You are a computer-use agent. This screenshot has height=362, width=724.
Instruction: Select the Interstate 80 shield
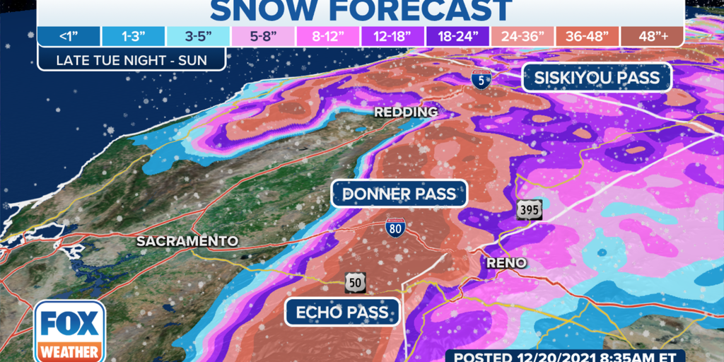pyautogui.click(x=395, y=229)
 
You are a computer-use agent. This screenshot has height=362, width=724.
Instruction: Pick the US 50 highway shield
pyautogui.click(x=356, y=282)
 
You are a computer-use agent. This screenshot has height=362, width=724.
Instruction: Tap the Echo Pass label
pyautogui.click(x=342, y=312)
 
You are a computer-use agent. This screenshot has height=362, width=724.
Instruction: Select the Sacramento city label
pyautogui.click(x=187, y=241)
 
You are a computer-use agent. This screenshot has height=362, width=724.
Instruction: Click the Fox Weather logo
pyautogui.click(x=69, y=330)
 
